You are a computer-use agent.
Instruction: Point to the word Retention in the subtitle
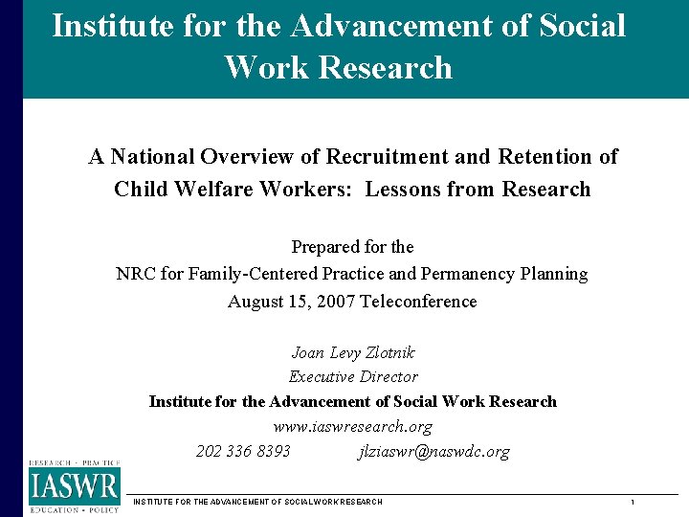[x=545, y=156]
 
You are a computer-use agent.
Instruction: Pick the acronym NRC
[x=137, y=274]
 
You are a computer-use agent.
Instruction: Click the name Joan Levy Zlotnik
[x=353, y=352]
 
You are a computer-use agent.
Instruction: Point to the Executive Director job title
[x=353, y=377]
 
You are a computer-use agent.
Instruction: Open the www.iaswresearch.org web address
[x=353, y=427]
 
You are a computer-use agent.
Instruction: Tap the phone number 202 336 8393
[x=243, y=451]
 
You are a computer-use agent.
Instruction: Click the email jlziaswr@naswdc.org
[x=433, y=451]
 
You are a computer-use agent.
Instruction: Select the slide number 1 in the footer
[x=633, y=503]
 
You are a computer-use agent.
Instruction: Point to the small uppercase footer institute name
[x=257, y=503]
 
